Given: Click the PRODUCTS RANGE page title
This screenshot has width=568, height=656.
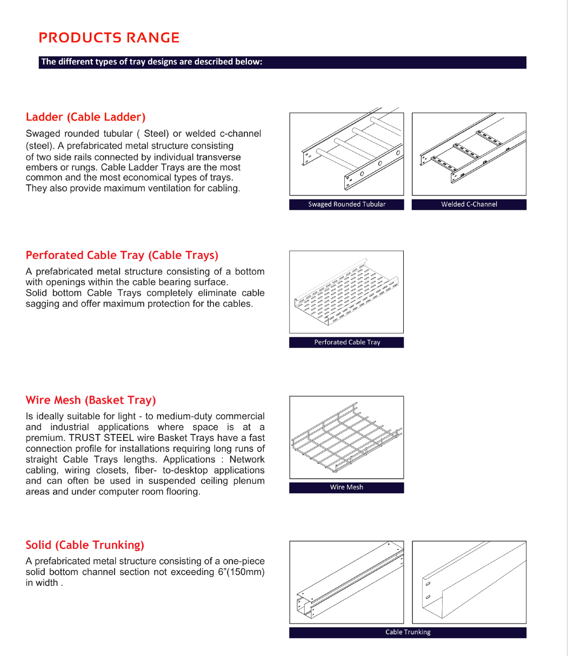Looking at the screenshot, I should [x=109, y=38].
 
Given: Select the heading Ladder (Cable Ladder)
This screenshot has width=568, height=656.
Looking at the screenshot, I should [x=86, y=117].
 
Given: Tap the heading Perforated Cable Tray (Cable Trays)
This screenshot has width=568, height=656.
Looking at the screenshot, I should [x=122, y=256].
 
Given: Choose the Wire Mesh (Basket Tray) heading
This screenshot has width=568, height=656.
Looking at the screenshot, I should [x=91, y=400].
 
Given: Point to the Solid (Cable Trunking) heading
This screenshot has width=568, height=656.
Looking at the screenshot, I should [x=85, y=545].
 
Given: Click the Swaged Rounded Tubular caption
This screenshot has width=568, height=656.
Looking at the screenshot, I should [x=346, y=204].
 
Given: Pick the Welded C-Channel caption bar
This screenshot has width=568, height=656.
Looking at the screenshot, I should [x=469, y=204].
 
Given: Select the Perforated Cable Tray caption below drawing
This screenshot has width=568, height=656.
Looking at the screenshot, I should [x=346, y=342].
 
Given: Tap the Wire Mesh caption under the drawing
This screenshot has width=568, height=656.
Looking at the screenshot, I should [x=346, y=487].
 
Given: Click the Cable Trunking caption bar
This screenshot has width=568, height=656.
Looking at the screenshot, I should [x=407, y=632].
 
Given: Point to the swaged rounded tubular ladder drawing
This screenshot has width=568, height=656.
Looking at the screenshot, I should [x=346, y=154].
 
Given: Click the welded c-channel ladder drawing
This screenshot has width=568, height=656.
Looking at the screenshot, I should [x=469, y=154].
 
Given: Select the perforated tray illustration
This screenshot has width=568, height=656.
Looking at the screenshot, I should [x=346, y=292].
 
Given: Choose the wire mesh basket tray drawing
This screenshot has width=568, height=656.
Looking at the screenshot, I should [x=346, y=437].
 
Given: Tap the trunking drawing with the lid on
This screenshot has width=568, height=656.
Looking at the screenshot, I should [x=346, y=582].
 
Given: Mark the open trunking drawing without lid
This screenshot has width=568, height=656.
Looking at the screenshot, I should [x=469, y=582].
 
